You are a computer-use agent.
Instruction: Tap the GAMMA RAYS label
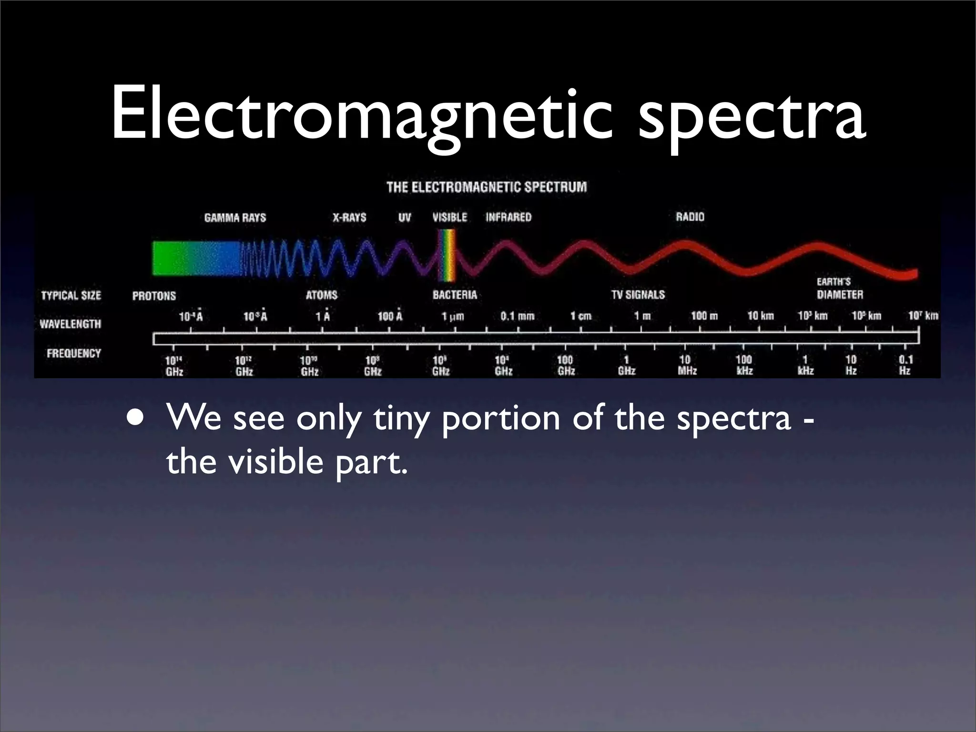click(235, 218)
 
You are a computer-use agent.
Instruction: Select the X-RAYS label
click(349, 218)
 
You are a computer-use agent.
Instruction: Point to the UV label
click(405, 218)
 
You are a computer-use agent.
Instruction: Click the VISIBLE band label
click(449, 217)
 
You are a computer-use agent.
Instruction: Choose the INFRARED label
click(508, 217)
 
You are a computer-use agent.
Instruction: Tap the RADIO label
click(690, 217)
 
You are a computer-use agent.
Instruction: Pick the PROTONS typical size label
click(154, 296)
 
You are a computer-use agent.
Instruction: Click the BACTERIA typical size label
click(455, 295)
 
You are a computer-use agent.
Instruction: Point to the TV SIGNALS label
click(638, 295)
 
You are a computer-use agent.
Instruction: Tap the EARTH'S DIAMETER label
click(839, 288)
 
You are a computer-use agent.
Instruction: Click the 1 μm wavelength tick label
click(452, 316)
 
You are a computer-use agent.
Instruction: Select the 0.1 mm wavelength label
click(517, 316)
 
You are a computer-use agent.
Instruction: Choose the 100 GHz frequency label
click(566, 365)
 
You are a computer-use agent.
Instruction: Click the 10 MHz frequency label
click(687, 365)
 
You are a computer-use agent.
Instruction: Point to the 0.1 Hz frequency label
click(905, 365)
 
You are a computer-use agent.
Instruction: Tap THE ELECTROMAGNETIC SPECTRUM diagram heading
click(487, 187)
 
